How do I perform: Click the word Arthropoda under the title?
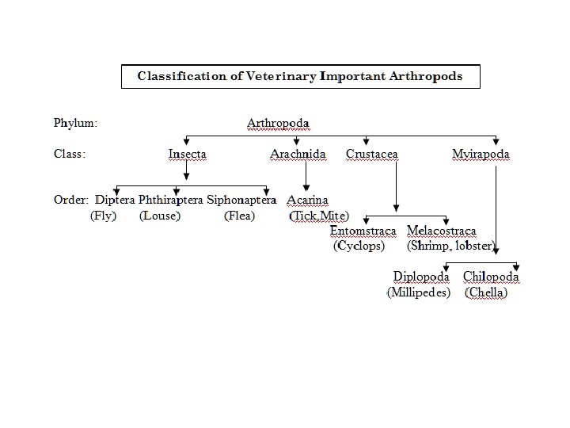click(278, 123)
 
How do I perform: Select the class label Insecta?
click(187, 154)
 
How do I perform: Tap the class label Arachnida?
click(298, 154)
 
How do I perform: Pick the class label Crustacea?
click(371, 154)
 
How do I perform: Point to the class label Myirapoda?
click(481, 154)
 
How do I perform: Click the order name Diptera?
click(116, 200)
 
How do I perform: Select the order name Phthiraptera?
click(171, 200)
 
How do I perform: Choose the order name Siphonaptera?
click(241, 200)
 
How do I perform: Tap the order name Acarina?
click(307, 200)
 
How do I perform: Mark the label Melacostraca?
click(442, 231)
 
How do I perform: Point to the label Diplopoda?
click(421, 277)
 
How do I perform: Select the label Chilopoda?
click(491, 277)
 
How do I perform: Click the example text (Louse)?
click(160, 216)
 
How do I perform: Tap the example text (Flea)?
click(239, 216)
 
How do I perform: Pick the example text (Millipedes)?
click(419, 292)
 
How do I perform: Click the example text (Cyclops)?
click(359, 246)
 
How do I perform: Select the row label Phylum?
click(76, 123)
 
